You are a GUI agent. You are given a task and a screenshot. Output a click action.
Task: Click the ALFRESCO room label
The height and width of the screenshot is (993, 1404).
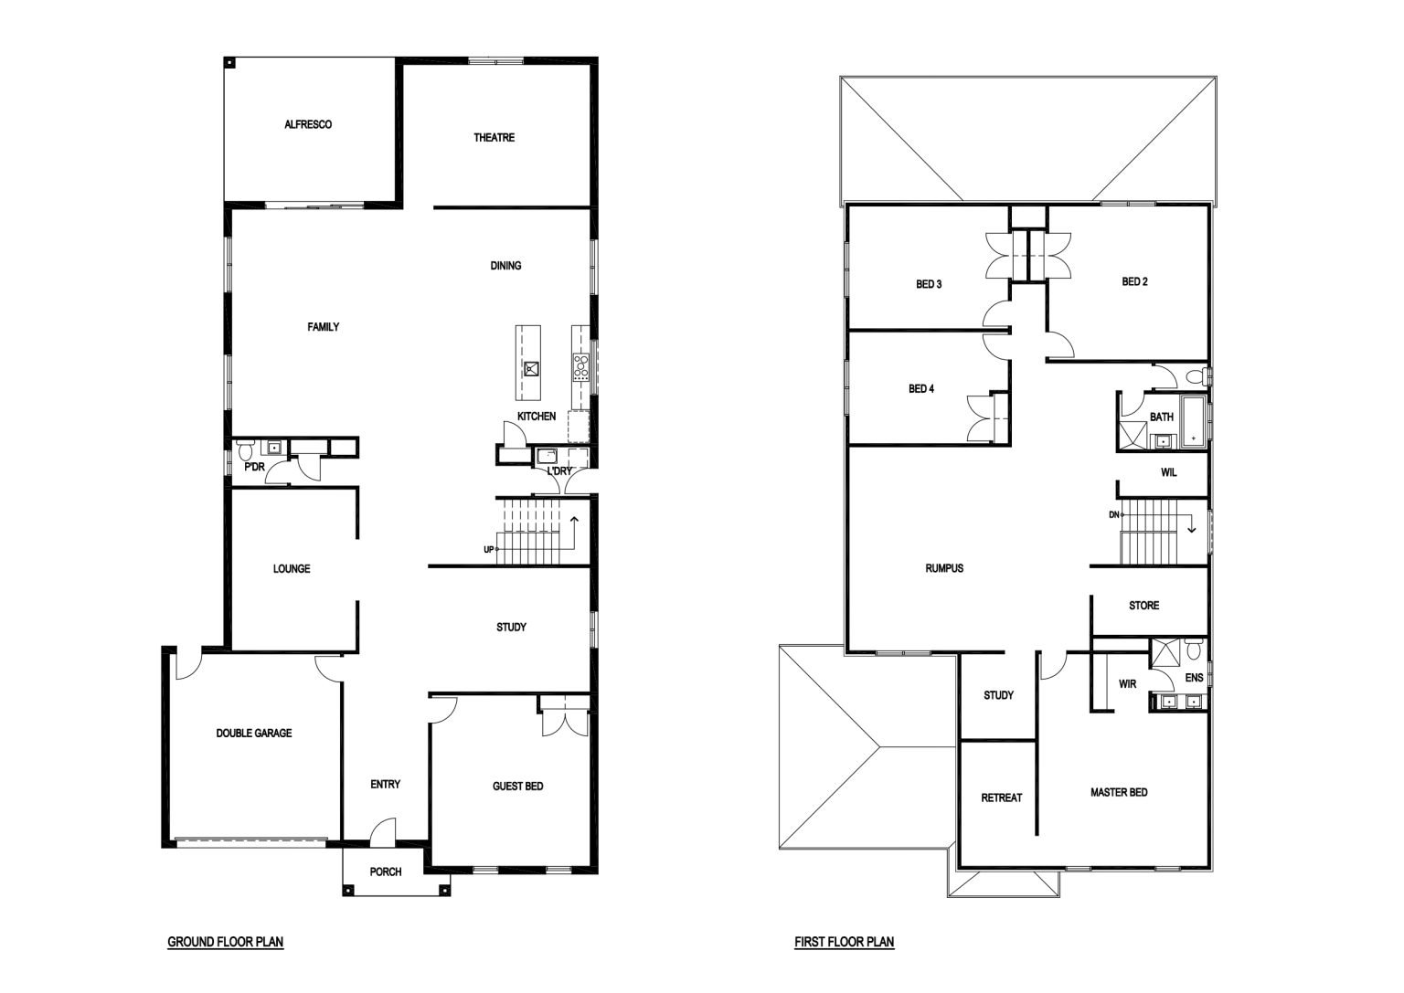click(x=308, y=124)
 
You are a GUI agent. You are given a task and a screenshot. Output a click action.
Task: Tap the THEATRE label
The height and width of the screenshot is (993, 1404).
click(x=494, y=138)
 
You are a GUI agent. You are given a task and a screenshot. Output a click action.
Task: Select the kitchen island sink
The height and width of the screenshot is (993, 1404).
click(x=531, y=369)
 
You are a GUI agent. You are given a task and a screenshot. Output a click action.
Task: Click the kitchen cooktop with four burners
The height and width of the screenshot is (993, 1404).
click(x=580, y=367)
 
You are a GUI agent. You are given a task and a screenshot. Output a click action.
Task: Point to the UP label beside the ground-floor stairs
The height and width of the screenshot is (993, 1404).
click(x=489, y=550)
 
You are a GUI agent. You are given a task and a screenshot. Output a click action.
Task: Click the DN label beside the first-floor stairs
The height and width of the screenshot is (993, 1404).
click(x=1114, y=515)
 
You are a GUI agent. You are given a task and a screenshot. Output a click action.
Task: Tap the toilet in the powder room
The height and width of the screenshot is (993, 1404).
click(x=244, y=449)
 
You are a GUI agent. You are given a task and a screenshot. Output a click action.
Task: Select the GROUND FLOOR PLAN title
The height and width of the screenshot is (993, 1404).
click(x=226, y=942)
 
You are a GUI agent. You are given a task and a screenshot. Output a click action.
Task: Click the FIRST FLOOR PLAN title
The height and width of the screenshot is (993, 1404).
click(x=845, y=942)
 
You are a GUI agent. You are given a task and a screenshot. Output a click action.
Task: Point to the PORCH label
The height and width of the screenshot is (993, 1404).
click(x=386, y=872)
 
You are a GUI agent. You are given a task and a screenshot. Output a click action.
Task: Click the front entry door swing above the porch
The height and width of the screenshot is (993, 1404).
click(x=383, y=830)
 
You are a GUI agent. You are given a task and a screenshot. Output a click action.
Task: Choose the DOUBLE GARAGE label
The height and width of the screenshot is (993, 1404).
click(x=254, y=733)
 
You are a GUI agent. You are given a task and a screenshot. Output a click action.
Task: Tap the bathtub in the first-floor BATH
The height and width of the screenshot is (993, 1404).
click(x=1194, y=422)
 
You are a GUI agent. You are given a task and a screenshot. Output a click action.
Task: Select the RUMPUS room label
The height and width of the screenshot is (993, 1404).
click(x=944, y=568)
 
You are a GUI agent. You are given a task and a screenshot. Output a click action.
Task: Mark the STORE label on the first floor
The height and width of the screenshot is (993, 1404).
click(x=1143, y=605)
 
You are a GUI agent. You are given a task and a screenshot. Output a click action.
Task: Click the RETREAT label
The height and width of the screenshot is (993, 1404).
click(x=1002, y=798)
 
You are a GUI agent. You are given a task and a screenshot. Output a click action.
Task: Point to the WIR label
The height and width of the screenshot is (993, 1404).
click(x=1128, y=684)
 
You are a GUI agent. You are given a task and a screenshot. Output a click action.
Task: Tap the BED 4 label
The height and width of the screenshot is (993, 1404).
click(x=921, y=389)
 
